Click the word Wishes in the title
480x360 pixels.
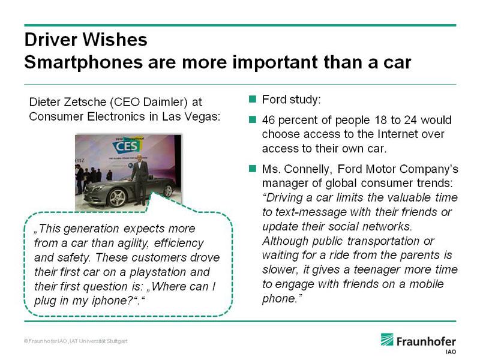pos(115,40)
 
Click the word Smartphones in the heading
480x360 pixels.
pos(83,62)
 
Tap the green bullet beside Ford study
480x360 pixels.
pos(253,99)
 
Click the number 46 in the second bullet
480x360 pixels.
pos(268,119)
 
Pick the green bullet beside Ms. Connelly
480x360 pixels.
pos(253,169)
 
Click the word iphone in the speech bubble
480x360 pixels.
pos(109,301)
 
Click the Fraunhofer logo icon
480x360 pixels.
pos(387,339)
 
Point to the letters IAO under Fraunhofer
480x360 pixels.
pos(451,352)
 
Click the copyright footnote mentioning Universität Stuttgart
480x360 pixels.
pos(76,341)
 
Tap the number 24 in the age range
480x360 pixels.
pos(410,119)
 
